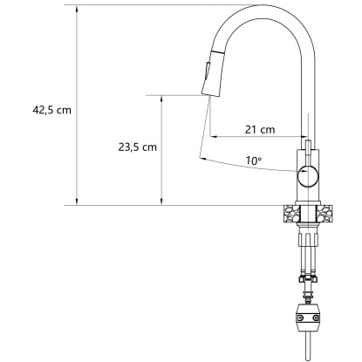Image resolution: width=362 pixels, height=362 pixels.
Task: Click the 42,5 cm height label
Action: click(x=51, y=110)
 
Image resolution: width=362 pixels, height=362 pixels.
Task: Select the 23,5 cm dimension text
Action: click(x=137, y=147)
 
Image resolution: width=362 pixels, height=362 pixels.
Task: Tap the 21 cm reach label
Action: click(x=260, y=129)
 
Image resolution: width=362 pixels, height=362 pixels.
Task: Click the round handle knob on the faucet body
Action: click(x=308, y=175)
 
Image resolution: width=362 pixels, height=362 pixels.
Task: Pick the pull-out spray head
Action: click(x=213, y=73)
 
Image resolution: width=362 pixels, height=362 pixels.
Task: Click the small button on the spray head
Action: click(x=208, y=70)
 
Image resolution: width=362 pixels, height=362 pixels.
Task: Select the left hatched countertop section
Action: click(x=290, y=214)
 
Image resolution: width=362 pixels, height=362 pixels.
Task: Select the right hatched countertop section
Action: click(x=324, y=214)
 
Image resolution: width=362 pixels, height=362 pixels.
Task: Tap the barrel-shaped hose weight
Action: click(x=308, y=317)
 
